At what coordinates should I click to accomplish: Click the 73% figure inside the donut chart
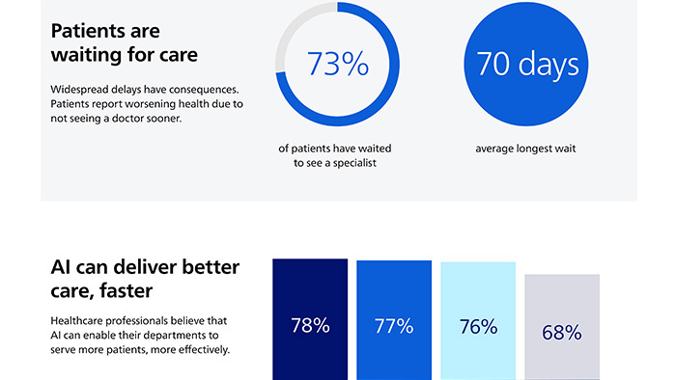[x=337, y=64]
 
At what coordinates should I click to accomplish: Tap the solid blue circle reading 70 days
[x=527, y=64]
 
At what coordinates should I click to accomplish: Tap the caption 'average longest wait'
[x=527, y=149]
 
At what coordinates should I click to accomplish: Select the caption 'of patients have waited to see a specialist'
[x=336, y=156]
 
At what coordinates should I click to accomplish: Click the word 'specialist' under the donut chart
[x=352, y=165]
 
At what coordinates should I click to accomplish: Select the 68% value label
[x=561, y=333]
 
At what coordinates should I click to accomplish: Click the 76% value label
[x=478, y=326]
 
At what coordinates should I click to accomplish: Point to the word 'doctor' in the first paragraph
[x=164, y=120]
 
